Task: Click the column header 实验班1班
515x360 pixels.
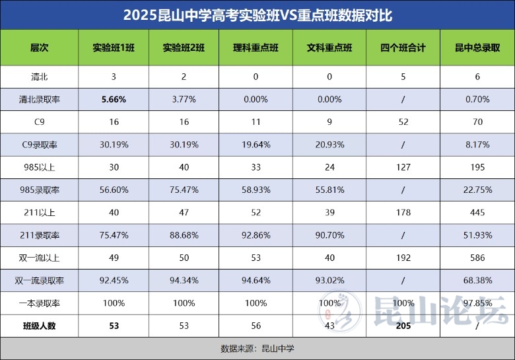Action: click(114, 48)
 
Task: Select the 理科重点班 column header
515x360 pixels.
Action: click(256, 48)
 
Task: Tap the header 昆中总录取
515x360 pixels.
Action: click(477, 48)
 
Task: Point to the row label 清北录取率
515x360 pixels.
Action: click(40, 99)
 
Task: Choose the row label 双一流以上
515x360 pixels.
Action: click(40, 258)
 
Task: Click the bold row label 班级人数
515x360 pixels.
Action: click(40, 325)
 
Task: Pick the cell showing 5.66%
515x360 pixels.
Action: click(114, 99)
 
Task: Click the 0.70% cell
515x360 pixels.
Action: click(477, 99)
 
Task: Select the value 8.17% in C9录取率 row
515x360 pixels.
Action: click(477, 145)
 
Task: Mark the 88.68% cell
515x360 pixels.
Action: click(184, 235)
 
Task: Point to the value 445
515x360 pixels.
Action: click(477, 212)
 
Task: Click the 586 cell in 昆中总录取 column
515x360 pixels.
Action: click(477, 258)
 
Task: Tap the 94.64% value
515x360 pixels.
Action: click(256, 280)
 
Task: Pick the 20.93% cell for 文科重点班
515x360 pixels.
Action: click(329, 145)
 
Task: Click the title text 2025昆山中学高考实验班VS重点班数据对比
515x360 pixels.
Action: click(257, 15)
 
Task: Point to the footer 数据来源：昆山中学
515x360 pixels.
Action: click(257, 348)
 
